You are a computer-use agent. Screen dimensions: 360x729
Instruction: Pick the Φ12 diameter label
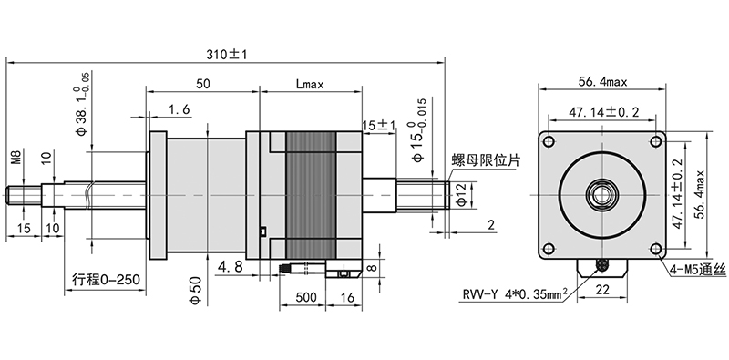coord(462,194)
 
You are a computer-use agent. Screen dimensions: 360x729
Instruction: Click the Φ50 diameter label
coord(194,292)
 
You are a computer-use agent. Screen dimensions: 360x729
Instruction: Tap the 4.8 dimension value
coord(231,268)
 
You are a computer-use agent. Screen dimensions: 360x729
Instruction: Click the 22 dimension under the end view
coord(602,289)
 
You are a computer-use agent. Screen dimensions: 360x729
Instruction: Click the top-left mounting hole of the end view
coord(549,141)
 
